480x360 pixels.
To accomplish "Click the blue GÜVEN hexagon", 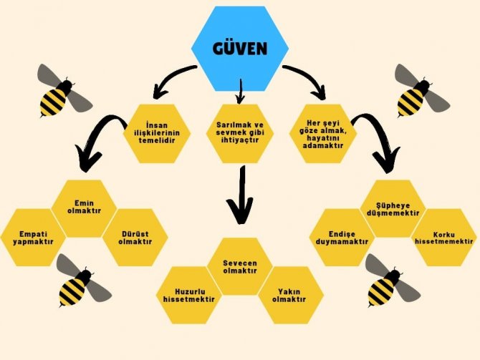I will [x=240, y=49].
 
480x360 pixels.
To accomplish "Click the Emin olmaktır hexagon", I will [x=85, y=208].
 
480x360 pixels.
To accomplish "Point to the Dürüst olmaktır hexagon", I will [x=135, y=237].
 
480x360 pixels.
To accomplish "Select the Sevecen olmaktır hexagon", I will [x=240, y=266].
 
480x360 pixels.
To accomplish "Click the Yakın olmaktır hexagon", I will [x=290, y=295].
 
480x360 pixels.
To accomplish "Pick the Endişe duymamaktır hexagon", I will [x=342, y=237].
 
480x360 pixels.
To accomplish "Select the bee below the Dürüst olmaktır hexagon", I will [x=81, y=281].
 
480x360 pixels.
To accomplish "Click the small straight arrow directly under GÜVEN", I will [x=240, y=89].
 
